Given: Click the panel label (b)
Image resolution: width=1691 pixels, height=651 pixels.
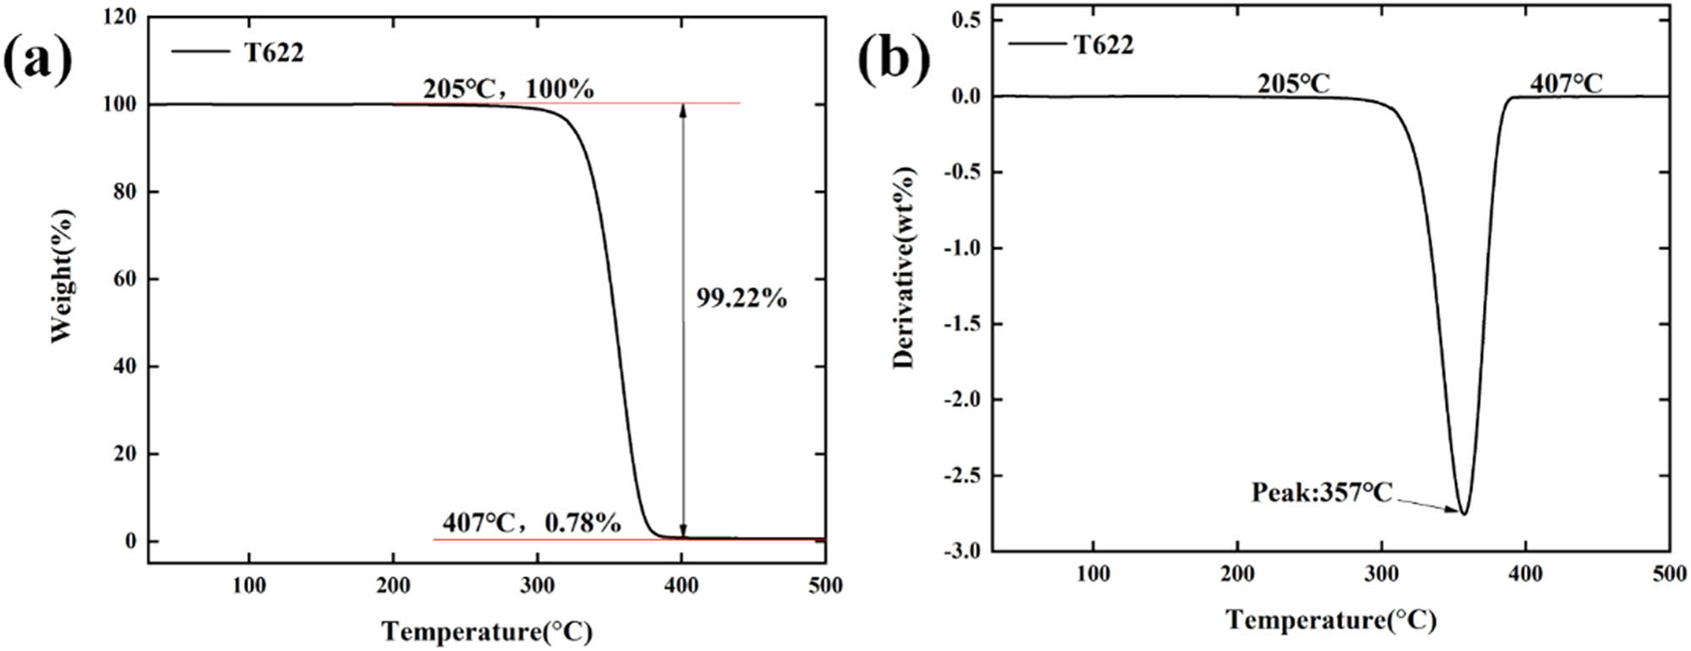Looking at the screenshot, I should coord(894,58).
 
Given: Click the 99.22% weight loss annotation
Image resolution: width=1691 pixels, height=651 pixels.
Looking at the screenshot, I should coord(742,298).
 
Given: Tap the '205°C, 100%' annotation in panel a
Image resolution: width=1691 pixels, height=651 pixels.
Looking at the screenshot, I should coord(508,88).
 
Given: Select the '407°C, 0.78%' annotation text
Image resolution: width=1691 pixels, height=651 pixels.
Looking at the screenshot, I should coord(531,523).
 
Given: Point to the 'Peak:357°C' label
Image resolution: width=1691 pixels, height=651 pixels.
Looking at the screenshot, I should coord(1322,492).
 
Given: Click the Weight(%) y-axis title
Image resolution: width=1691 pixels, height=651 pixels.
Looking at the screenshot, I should coord(62,276).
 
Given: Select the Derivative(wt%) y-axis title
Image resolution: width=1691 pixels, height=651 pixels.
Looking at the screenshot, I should coord(904,268).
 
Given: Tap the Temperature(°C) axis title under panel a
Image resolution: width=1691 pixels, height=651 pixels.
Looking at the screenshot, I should coord(486,631).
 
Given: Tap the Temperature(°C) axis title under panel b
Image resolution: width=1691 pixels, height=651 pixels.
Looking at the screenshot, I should coord(1331,620).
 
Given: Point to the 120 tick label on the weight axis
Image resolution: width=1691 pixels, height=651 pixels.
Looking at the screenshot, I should coord(119,17).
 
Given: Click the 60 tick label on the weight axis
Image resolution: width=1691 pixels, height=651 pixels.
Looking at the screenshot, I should coord(124,279).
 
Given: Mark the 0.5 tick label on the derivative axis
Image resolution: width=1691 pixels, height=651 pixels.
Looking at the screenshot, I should coord(966,20).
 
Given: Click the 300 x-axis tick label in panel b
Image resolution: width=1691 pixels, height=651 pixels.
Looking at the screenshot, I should coord(1381,574).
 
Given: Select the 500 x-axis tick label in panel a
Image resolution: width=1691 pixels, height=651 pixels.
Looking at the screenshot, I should coord(824,585).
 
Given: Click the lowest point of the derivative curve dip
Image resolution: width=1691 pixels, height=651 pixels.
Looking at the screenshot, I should coord(1464,513).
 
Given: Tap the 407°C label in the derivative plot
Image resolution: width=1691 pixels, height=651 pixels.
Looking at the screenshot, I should coord(1566,83).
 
